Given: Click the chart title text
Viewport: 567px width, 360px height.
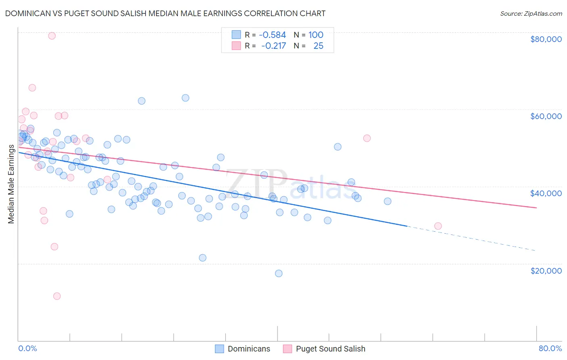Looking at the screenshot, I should click(x=165, y=13).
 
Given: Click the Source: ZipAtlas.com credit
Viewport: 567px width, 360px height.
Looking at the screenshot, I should click(x=531, y=14).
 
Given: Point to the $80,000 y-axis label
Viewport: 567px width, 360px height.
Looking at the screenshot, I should click(x=546, y=39).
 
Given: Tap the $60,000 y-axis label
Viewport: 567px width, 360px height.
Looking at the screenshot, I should click(x=546, y=116).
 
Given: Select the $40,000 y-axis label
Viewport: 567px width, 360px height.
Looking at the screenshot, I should click(x=546, y=193).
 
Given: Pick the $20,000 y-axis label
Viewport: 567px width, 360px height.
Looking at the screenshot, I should click(x=546, y=271).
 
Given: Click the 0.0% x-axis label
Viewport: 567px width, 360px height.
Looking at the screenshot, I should click(x=27, y=349).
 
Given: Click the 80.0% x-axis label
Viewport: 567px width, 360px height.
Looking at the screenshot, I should click(x=550, y=349).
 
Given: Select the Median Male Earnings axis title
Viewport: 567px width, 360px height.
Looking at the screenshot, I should click(x=11, y=184).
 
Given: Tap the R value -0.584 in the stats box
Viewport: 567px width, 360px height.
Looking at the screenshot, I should click(x=272, y=35).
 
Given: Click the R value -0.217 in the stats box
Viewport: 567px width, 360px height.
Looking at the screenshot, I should click(x=273, y=46).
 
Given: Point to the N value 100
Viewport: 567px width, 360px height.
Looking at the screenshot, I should click(x=316, y=35).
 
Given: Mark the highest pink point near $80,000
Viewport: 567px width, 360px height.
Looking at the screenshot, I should click(x=52, y=36).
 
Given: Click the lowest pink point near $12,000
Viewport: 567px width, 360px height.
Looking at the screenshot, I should click(x=57, y=296).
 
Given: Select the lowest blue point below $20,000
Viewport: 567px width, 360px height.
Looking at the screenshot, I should click(x=279, y=273).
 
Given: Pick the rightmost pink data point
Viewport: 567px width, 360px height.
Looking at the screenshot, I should click(x=438, y=226).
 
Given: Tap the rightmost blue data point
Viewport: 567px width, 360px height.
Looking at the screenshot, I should click(x=388, y=201).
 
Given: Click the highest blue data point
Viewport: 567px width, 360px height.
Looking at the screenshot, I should click(x=186, y=98).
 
